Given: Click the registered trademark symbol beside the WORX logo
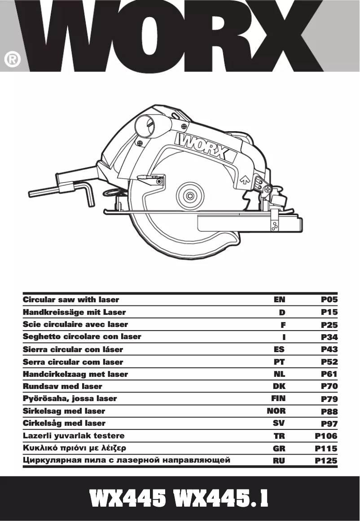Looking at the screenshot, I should pos(13,60).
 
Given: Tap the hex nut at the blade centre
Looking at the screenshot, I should pos(191,196).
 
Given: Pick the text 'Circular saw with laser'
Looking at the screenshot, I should pos(71,300).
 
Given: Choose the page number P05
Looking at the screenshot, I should pos(329,300).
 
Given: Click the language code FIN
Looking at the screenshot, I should pos(278,398).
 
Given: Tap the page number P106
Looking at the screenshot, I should pos(326,436).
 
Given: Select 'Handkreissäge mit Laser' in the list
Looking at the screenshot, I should pos(74,312).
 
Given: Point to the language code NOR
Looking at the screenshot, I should pos(277,411).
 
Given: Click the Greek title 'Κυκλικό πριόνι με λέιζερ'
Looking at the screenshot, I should pos(75,448).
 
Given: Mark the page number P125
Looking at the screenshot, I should pos(326,460).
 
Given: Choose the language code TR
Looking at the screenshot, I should pos(279,436).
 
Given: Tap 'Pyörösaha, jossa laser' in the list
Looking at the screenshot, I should pos(70,398).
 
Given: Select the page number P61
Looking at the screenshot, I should pos(329,374).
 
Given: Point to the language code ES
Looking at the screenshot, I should pos(279,349).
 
